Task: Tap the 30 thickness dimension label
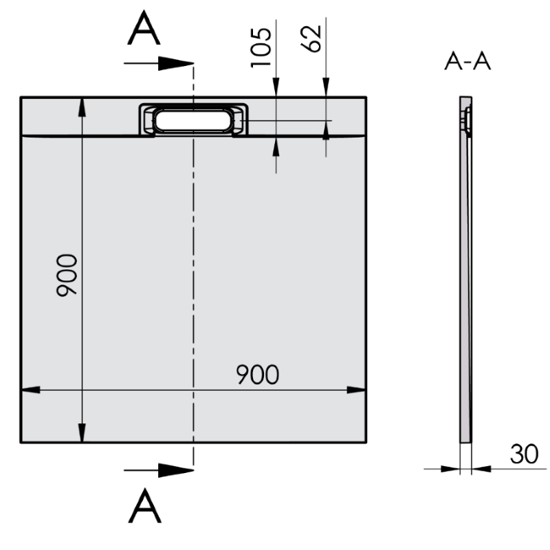click(524, 454)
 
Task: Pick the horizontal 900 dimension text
click(258, 375)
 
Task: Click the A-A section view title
click(467, 63)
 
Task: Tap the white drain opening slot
click(193, 120)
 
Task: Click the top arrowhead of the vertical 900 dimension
click(82, 107)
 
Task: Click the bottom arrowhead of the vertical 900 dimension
click(82, 433)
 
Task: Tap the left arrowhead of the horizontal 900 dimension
click(30, 390)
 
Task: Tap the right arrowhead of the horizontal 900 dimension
click(357, 390)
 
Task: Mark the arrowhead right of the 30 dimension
click(480, 469)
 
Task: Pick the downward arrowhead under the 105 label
click(276, 87)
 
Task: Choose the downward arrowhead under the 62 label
click(326, 87)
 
